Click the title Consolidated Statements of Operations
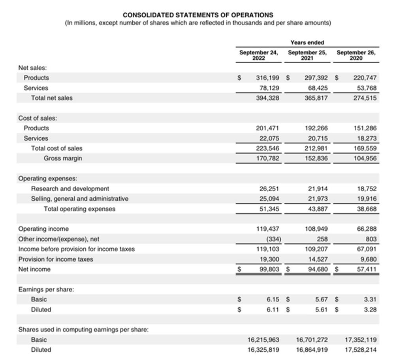pyautogui.click(x=197, y=15)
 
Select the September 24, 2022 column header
pyautogui.click(x=259, y=55)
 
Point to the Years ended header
pyautogui.click(x=307, y=42)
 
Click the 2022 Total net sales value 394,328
pyautogui.click(x=268, y=98)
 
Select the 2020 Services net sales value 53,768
pyautogui.click(x=366, y=88)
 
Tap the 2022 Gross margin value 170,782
pyautogui.click(x=268, y=158)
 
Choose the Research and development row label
pyautogui.click(x=70, y=188)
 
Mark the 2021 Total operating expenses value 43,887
pyautogui.click(x=317, y=209)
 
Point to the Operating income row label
pyautogui.click(x=43, y=229)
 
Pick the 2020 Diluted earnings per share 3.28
pyautogui.click(x=370, y=309)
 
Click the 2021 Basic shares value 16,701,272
pyautogui.click(x=312, y=339)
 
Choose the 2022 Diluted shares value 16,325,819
pyautogui.click(x=263, y=349)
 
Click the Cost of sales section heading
pyautogui.click(x=38, y=118)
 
